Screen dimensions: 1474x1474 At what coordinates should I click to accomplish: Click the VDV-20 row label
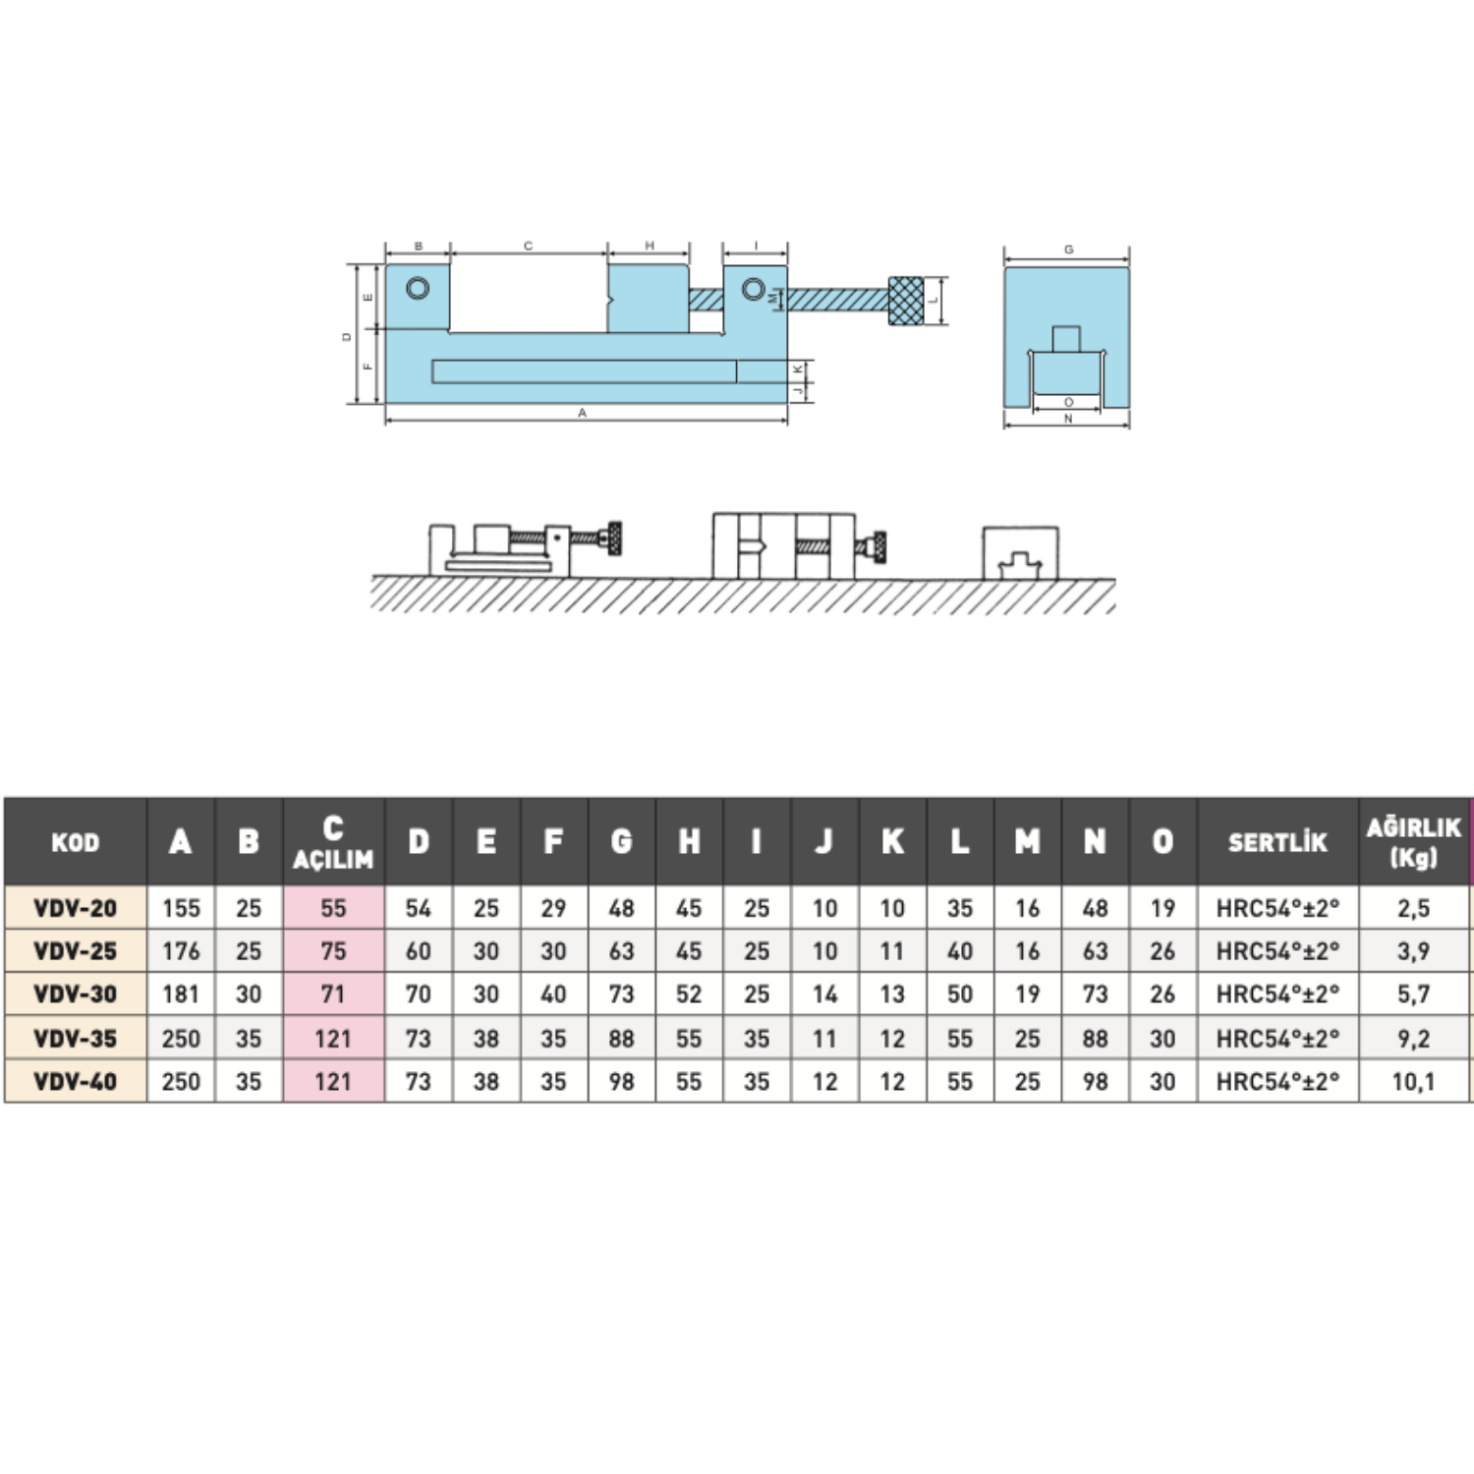tap(76, 908)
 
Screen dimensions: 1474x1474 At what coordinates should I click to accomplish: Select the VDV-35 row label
tap(76, 1039)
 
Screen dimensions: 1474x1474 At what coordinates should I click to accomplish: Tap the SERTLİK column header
tap(1277, 842)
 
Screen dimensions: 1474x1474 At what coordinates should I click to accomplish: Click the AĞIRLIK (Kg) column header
tap(1413, 841)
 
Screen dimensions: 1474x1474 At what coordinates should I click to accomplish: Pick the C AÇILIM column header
tap(333, 842)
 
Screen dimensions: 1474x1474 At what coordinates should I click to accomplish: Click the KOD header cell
tap(76, 842)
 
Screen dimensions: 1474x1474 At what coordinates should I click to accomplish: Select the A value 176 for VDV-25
tap(181, 951)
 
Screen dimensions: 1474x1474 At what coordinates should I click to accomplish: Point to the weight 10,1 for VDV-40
tap(1413, 1082)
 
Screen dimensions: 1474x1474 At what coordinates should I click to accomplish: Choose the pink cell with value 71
tap(333, 994)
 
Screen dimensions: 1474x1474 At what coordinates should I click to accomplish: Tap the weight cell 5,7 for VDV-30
tap(1413, 994)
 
